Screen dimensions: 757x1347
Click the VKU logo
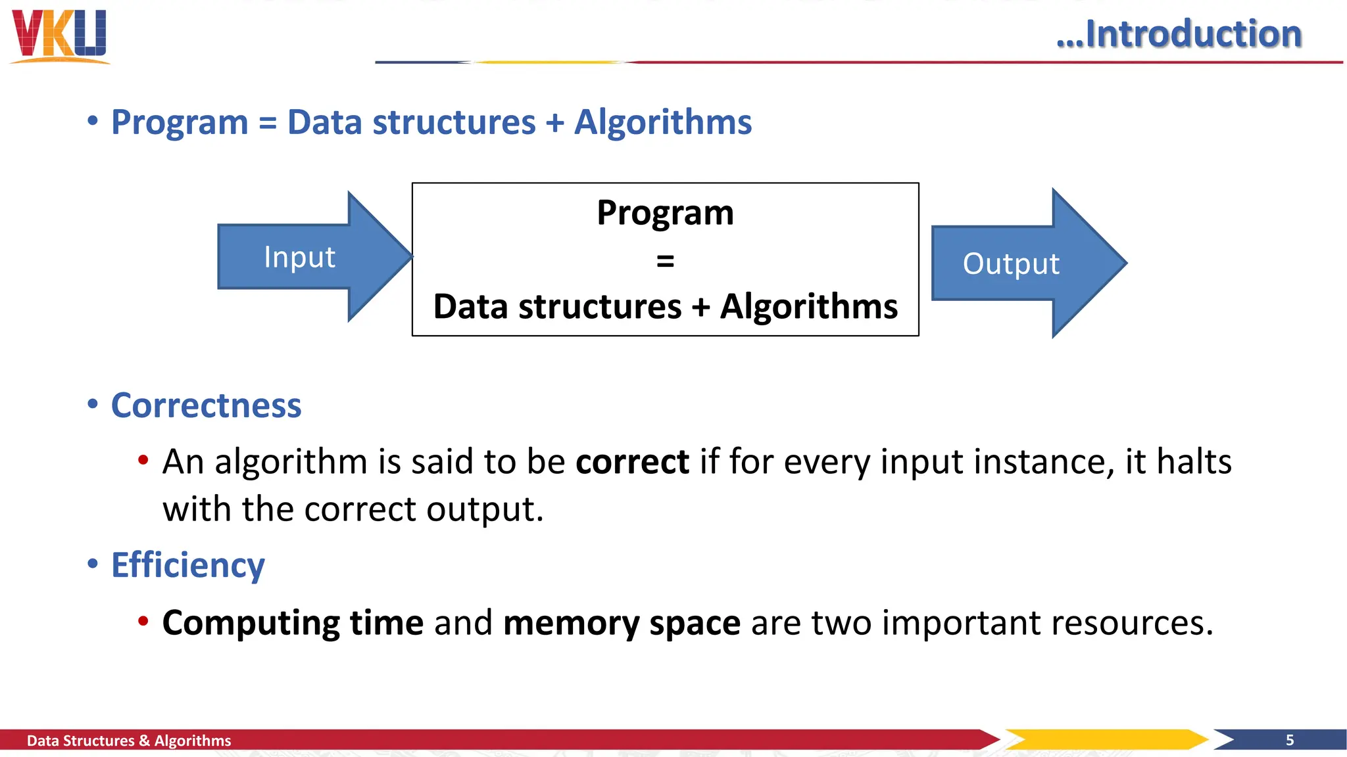(59, 35)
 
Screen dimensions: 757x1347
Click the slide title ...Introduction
(1179, 34)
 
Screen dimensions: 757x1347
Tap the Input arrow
(300, 257)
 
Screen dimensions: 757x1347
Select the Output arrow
(1012, 264)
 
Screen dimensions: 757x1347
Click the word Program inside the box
(665, 213)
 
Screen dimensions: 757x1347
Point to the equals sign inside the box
(665, 261)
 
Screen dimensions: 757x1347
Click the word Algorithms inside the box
(808, 307)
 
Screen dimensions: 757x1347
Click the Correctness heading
(206, 405)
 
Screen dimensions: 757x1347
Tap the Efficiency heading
(187, 565)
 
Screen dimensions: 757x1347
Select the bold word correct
(632, 461)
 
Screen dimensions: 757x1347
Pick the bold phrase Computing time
(293, 622)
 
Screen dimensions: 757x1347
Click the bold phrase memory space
(622, 622)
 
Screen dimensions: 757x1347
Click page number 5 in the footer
(1290, 741)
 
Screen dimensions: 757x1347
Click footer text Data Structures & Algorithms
(129, 741)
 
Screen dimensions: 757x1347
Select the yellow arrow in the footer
(1105, 739)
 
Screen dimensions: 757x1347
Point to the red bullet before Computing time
(143, 621)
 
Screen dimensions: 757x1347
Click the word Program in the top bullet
(180, 123)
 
